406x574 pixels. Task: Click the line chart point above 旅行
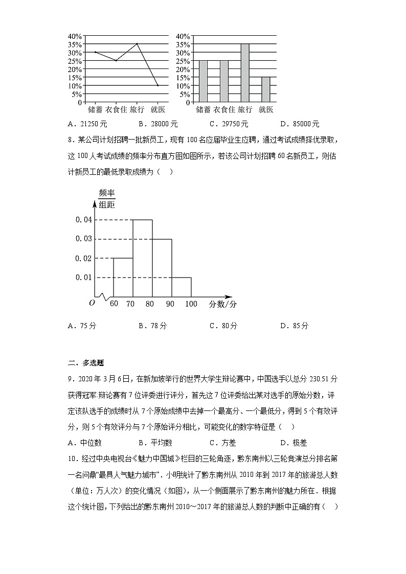(x=137, y=44)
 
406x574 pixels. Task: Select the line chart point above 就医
(x=157, y=85)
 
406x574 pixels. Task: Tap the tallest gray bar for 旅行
(x=245, y=73)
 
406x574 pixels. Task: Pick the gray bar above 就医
(x=265, y=89)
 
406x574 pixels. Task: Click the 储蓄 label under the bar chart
(x=203, y=109)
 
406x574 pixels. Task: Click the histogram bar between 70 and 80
(x=143, y=258)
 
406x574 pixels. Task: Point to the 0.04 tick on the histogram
(x=83, y=220)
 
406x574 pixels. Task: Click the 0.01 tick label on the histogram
(x=83, y=278)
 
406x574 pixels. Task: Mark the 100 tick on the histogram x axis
(x=191, y=304)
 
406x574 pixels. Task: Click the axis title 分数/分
(x=222, y=304)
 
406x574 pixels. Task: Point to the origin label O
(x=92, y=303)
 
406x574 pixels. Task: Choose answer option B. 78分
(x=152, y=326)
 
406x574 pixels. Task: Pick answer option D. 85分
(x=295, y=326)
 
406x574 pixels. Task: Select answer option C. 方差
(x=223, y=443)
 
